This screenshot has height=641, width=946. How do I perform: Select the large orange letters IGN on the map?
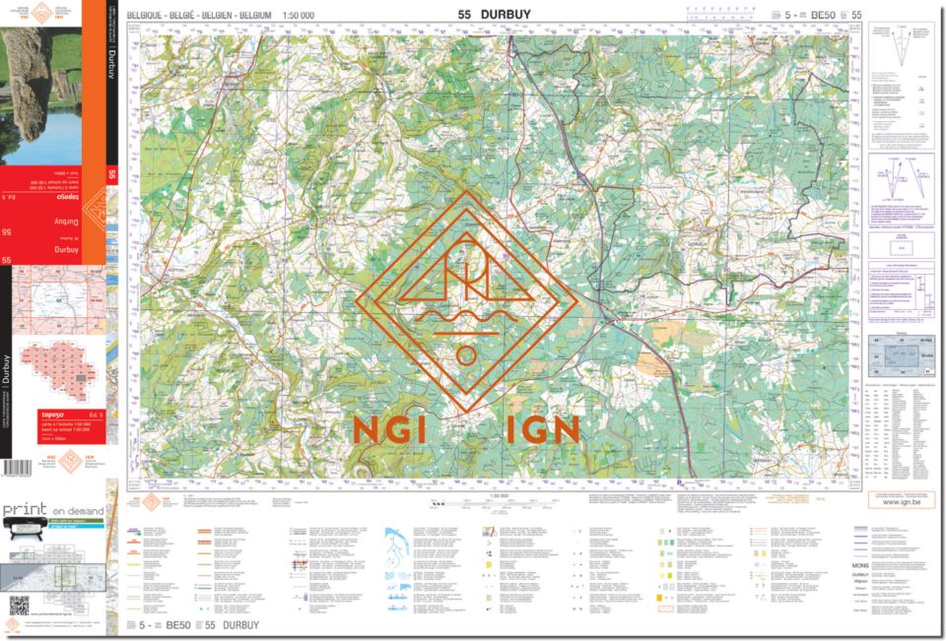coord(541,429)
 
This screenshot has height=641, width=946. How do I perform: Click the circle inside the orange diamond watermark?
coord(466,355)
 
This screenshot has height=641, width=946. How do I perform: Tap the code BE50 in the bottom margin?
coord(178,625)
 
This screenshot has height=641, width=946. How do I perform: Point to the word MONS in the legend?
coord(859,565)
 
